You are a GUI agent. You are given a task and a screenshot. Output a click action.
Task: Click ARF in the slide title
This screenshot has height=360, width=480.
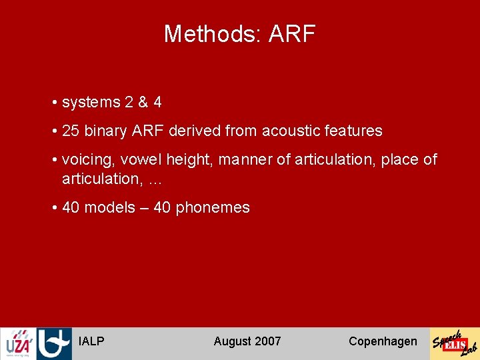pyautogui.click(x=292, y=34)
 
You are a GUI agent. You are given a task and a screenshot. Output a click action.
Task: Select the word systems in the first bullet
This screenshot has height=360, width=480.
pyautogui.click(x=91, y=103)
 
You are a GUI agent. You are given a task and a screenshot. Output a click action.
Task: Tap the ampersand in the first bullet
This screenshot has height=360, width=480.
pyautogui.click(x=143, y=103)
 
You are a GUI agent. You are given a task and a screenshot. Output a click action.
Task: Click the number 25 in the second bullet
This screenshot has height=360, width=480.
pyautogui.click(x=71, y=131)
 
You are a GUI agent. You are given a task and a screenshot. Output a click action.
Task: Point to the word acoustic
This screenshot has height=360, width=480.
pyautogui.click(x=291, y=131)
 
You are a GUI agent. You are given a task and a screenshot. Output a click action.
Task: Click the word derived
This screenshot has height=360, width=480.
pyautogui.click(x=195, y=131)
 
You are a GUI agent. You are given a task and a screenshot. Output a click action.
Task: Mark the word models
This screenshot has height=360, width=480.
pyautogui.click(x=110, y=208)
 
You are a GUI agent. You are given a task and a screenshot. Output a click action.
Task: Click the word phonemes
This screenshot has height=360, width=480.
pyautogui.click(x=212, y=208)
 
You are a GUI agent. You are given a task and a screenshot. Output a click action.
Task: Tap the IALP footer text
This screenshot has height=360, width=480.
pyautogui.click(x=91, y=341)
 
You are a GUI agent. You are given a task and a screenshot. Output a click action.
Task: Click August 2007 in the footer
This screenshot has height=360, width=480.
pyautogui.click(x=247, y=341)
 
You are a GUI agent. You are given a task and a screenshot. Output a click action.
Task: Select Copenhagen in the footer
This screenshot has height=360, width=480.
pyautogui.click(x=383, y=341)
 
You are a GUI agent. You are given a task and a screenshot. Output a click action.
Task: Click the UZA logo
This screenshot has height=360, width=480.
pyautogui.click(x=17, y=344)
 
